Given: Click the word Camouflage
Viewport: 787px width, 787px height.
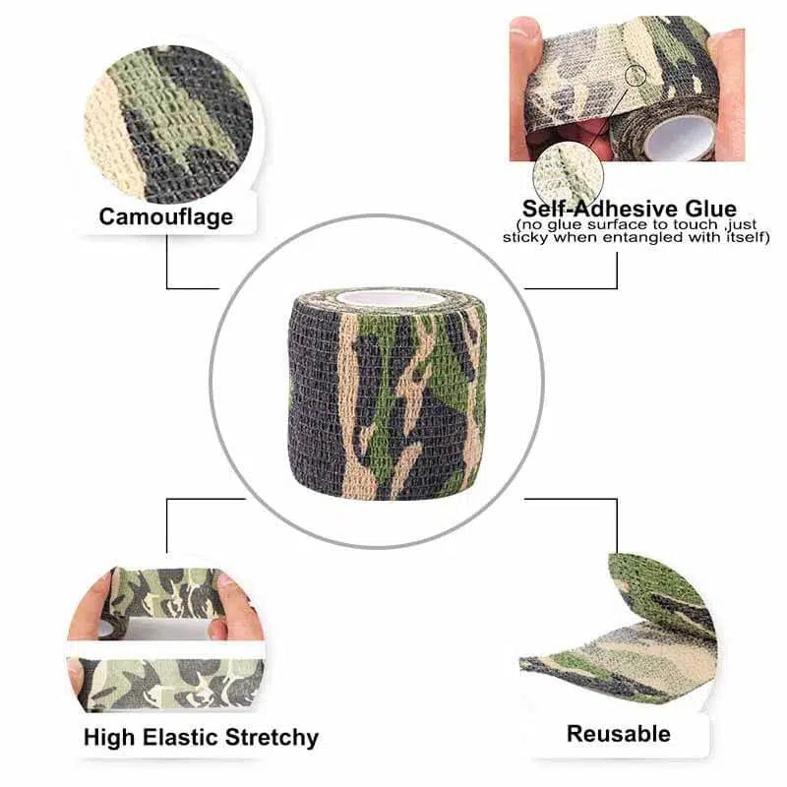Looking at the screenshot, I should pos(167,215).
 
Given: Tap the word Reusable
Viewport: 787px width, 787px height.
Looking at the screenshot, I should pos(618,733).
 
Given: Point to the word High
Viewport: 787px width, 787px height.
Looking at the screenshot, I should pos(107,737).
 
